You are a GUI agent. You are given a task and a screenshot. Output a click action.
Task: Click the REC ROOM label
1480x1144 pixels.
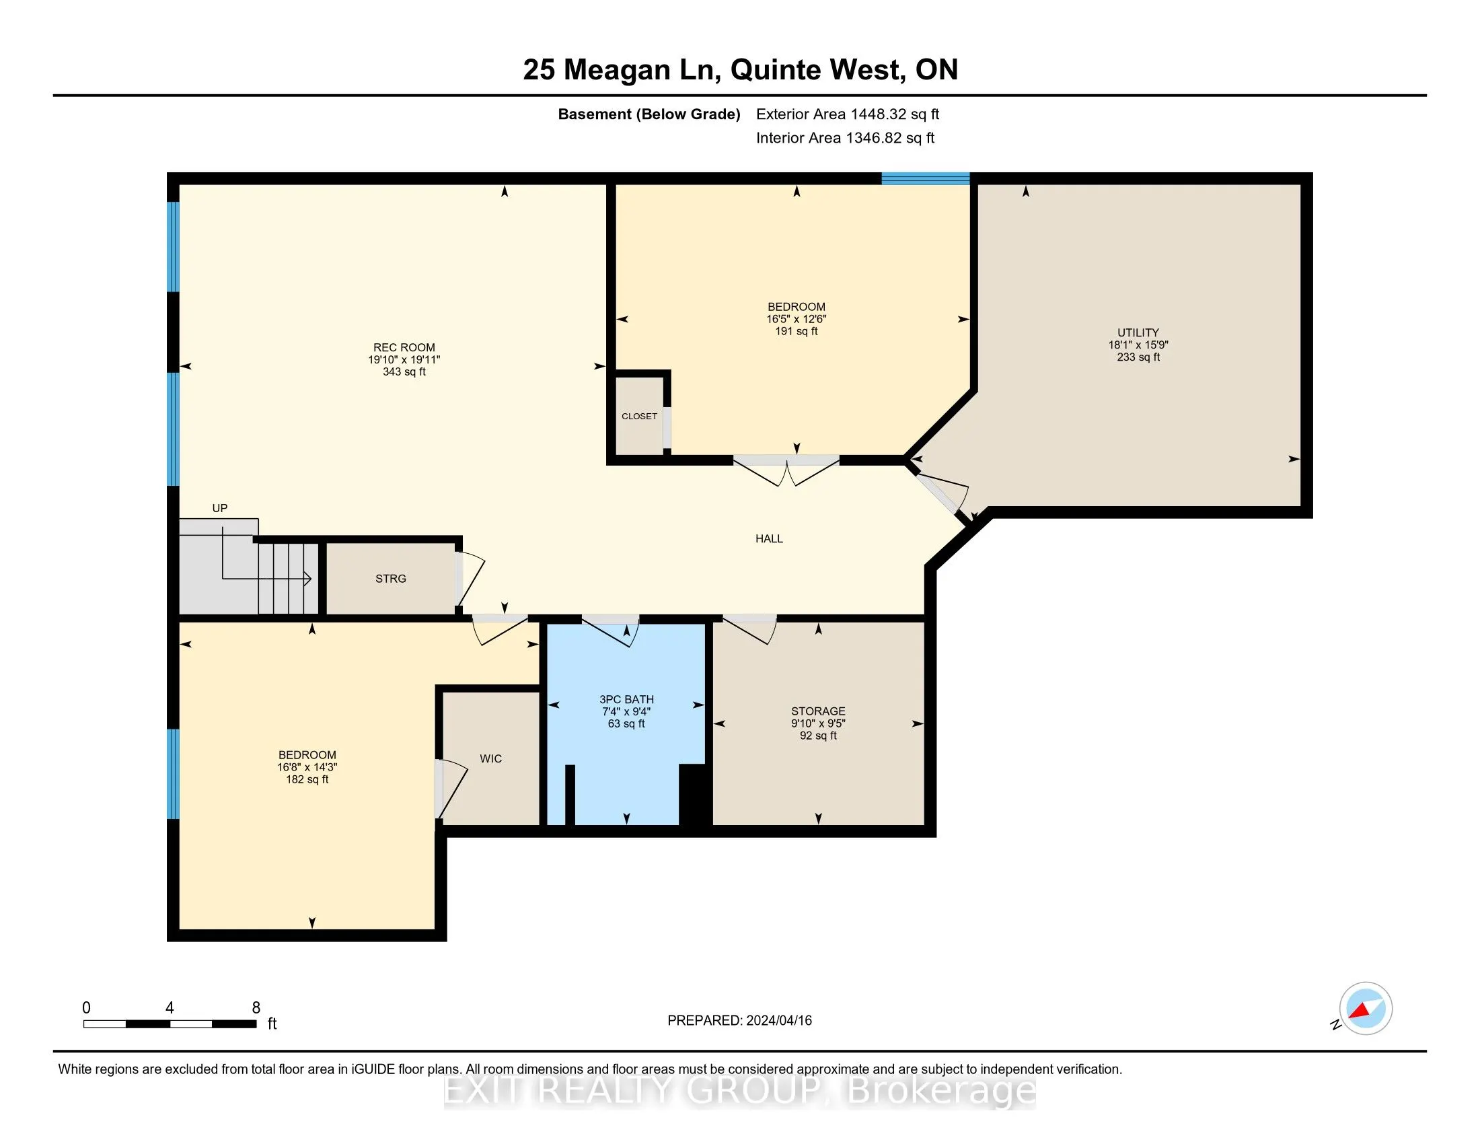[404, 348]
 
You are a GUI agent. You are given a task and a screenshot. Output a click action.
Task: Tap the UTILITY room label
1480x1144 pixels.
[1138, 332]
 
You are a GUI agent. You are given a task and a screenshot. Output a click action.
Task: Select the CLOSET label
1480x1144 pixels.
[639, 416]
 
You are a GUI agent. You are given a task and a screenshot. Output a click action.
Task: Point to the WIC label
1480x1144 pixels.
[490, 758]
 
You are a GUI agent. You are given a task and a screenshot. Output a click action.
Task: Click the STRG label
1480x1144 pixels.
[391, 578]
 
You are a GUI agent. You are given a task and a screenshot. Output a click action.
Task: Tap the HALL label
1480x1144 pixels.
[769, 539]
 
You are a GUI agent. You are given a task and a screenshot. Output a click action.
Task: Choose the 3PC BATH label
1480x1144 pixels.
[626, 699]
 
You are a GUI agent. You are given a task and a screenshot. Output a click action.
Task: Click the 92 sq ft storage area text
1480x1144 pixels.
[818, 736]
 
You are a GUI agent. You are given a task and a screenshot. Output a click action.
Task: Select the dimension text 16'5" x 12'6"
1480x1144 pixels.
[797, 319]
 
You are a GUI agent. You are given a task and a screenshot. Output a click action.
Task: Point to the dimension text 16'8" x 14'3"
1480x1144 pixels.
[307, 767]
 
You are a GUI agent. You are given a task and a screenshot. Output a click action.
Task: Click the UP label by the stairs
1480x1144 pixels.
[219, 508]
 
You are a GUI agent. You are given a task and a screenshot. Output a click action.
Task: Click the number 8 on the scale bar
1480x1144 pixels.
[256, 1008]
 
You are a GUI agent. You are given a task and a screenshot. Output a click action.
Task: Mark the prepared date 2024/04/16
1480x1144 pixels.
[778, 1020]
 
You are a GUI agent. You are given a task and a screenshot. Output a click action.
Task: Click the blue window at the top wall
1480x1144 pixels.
[925, 178]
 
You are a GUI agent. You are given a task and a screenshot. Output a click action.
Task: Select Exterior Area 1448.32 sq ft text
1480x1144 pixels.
[848, 114]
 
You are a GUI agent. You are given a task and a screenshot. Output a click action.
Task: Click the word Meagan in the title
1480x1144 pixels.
[617, 69]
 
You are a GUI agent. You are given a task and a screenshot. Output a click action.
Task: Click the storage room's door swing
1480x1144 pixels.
[751, 629]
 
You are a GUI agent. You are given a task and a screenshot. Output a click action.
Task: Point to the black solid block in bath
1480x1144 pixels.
[695, 794]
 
